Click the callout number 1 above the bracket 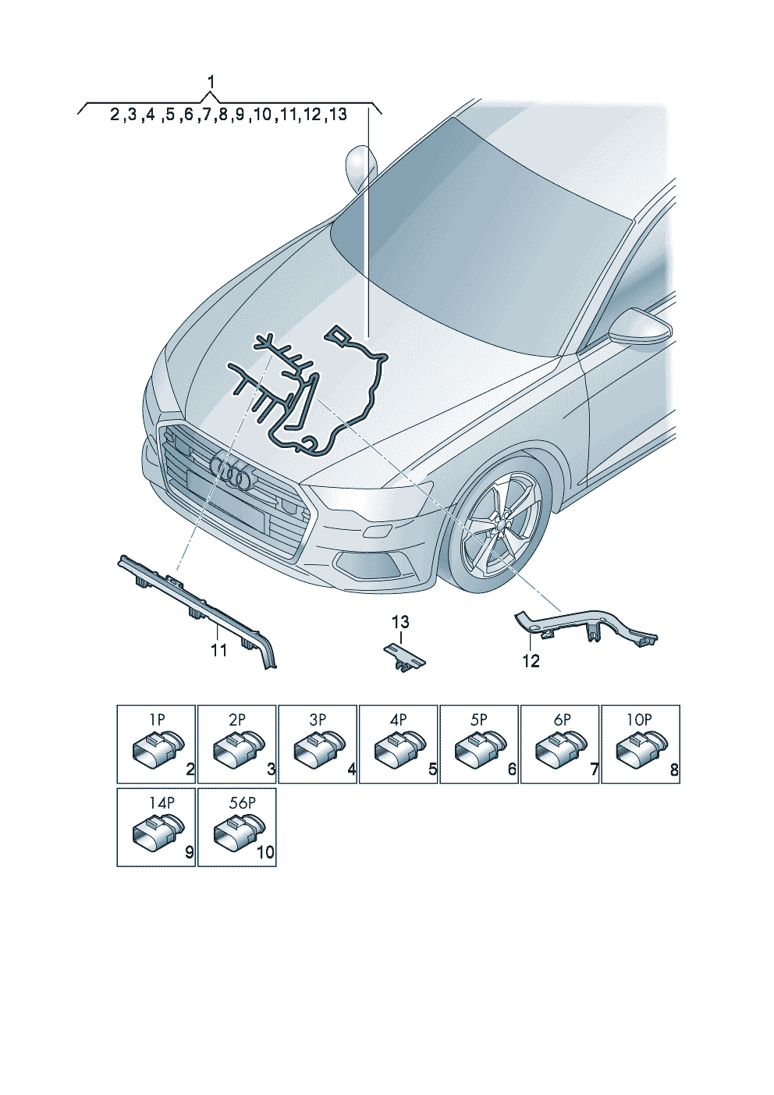[x=211, y=82]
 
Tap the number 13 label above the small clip [x=400, y=622]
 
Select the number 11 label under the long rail [x=219, y=650]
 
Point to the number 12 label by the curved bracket [x=531, y=661]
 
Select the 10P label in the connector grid [x=640, y=720]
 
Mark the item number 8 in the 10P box [x=674, y=770]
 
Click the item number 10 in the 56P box [x=266, y=853]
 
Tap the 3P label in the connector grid [x=318, y=720]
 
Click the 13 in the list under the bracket [x=338, y=115]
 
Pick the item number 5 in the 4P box [x=432, y=770]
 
